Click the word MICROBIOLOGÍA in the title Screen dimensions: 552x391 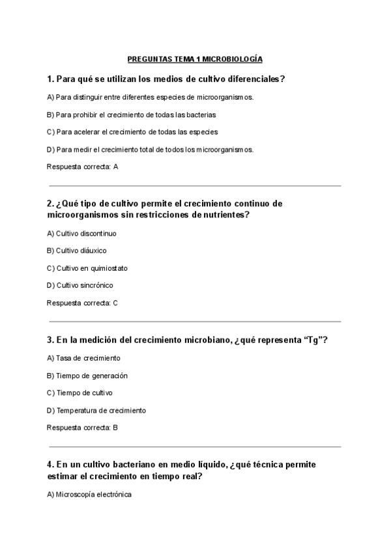pos(232,59)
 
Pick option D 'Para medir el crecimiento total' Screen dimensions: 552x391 pos(150,149)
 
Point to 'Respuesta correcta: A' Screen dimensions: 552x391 pos(83,167)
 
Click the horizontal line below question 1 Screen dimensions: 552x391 pos(195,186)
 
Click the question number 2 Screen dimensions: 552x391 pos(50,203)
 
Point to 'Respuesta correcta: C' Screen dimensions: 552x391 pos(83,303)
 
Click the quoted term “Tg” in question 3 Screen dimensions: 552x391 pos(312,340)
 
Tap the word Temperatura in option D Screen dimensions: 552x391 pos(77,410)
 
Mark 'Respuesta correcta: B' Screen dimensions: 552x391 pos(83,428)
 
